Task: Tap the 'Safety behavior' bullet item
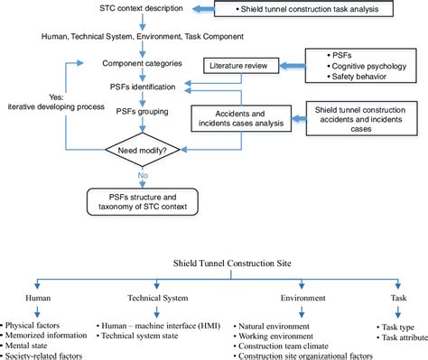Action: [x=354, y=79]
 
